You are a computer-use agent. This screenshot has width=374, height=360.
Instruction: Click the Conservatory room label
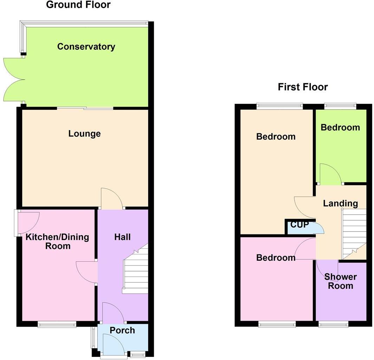[86, 47]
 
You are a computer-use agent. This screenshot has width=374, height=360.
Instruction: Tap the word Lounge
[84, 134]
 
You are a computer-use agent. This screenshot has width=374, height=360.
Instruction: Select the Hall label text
[122, 237]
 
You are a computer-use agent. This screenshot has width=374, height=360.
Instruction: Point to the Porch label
[122, 330]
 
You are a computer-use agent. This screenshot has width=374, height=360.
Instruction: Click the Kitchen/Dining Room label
[57, 241]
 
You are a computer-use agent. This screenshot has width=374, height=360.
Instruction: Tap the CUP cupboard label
[299, 225]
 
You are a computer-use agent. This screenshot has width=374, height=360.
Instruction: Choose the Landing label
[340, 203]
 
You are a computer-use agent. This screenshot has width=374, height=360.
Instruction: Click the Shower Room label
[340, 281]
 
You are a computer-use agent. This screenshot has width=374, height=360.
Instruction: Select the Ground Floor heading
[78, 5]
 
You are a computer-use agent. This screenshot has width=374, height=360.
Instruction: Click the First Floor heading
[303, 87]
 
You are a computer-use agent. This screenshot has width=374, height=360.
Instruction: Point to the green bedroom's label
[340, 127]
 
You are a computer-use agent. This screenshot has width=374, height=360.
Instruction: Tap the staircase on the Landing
[354, 233]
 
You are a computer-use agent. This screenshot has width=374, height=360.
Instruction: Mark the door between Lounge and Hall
[112, 199]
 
